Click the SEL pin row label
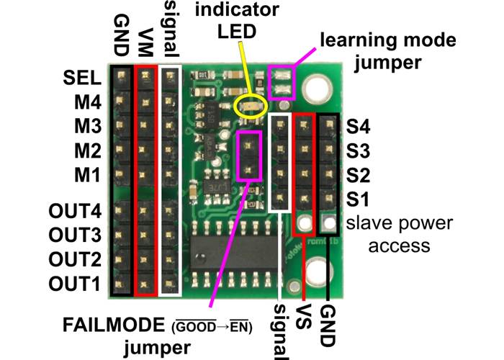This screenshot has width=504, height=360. click(x=82, y=76)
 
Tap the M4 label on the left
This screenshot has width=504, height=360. click(x=86, y=101)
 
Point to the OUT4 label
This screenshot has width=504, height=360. click(x=73, y=211)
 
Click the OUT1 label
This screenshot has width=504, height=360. click(x=73, y=284)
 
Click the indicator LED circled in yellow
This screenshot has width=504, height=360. click(x=250, y=107)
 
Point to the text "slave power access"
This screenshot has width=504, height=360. click(x=400, y=234)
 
